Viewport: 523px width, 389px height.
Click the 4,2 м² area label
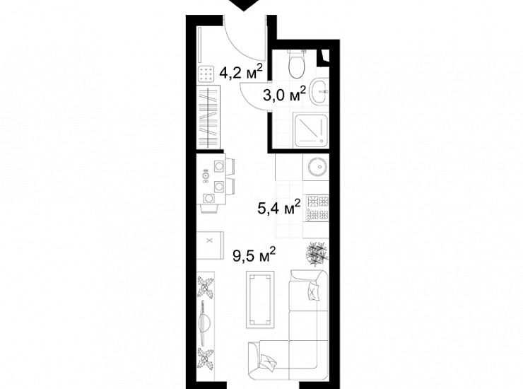coord(241,72)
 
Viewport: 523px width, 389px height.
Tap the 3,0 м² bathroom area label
coord(284,94)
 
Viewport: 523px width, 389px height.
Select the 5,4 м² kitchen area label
coord(279,208)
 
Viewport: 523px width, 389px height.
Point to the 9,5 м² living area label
coord(254,255)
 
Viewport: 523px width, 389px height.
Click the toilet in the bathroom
coord(296,64)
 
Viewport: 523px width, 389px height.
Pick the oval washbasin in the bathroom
coord(319,91)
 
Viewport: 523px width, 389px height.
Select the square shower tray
coord(310,130)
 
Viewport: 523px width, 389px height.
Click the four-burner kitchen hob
coord(317,208)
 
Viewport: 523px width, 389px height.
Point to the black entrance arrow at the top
coord(245,5)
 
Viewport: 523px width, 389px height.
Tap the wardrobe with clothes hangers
coord(208,117)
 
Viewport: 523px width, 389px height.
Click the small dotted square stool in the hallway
coord(206,74)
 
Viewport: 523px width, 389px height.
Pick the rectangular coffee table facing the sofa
coord(260,299)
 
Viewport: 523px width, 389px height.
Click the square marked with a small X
coord(209,245)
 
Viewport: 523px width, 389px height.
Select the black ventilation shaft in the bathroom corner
coord(324,56)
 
